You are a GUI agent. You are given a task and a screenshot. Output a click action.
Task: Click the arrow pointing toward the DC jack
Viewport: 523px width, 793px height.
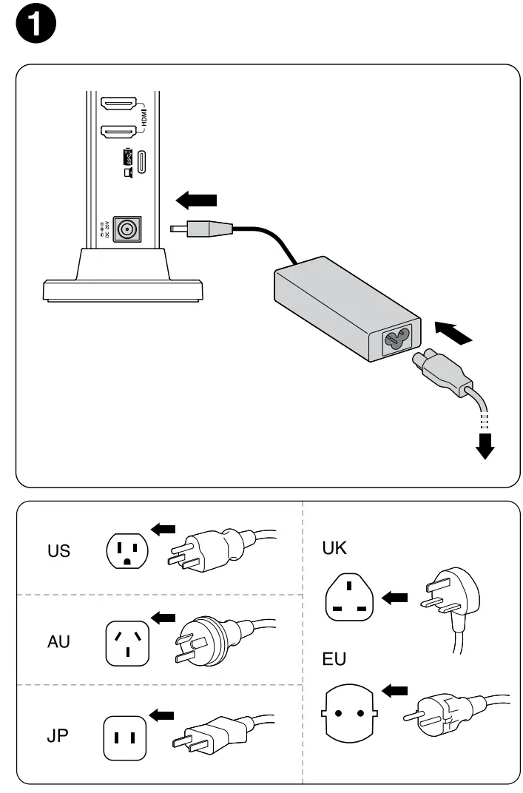197,199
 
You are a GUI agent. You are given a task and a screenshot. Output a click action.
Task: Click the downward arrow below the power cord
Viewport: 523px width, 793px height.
485,445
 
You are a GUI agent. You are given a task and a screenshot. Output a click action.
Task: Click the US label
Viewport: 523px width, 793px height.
58,551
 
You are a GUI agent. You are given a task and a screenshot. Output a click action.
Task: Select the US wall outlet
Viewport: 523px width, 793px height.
127,551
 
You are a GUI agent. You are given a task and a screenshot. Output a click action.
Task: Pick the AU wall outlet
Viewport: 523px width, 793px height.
127,642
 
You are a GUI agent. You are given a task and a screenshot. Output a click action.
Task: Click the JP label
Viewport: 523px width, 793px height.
58,737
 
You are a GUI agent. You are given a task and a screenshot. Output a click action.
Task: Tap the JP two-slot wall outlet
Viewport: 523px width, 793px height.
124,737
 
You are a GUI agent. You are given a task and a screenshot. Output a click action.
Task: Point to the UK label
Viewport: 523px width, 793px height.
335,548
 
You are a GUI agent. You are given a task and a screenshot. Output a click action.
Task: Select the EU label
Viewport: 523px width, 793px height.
335,658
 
